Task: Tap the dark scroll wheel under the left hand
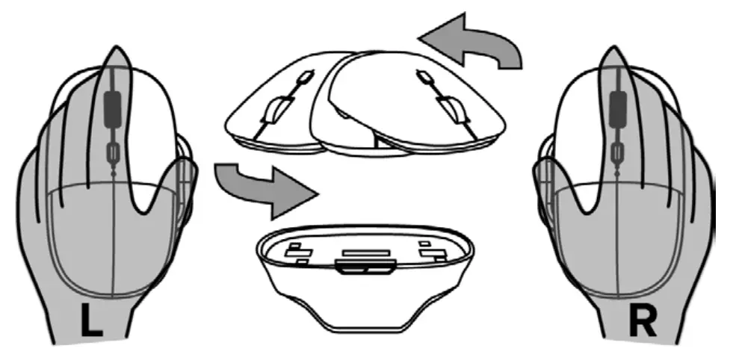[x=111, y=108]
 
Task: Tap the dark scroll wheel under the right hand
[x=619, y=108]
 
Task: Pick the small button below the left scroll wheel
[x=112, y=153]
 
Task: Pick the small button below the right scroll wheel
[x=619, y=153]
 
